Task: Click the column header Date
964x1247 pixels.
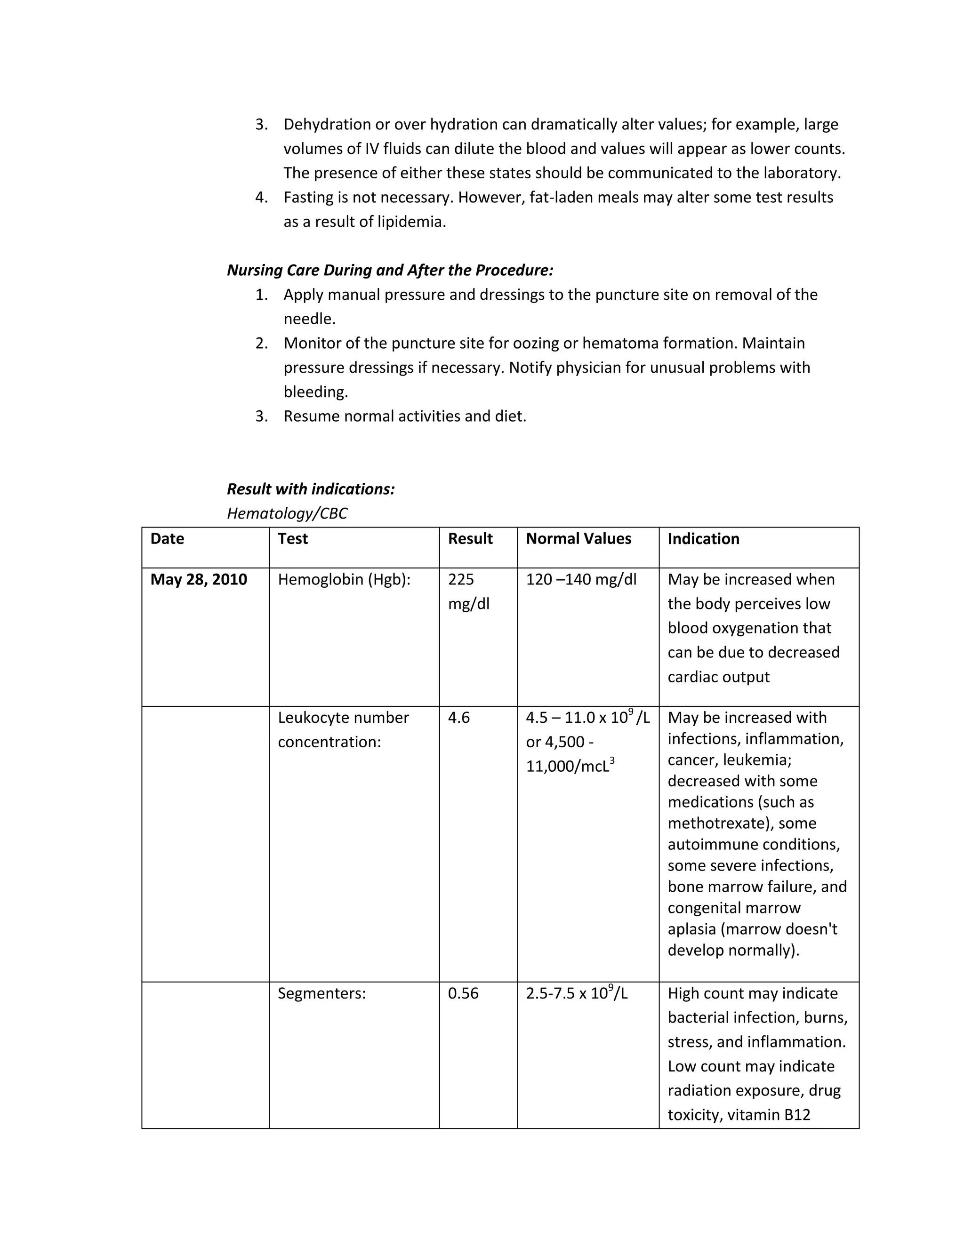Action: click(x=167, y=539)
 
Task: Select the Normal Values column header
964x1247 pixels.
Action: click(x=578, y=539)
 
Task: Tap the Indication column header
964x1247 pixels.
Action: click(x=703, y=539)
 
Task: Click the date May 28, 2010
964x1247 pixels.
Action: click(x=198, y=580)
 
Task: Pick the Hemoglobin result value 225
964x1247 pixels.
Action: click(x=461, y=580)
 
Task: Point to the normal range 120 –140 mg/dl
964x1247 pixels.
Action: click(x=581, y=580)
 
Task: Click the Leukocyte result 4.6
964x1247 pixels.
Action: click(x=458, y=718)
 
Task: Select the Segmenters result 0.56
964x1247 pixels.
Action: click(x=463, y=993)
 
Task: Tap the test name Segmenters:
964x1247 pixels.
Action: click(x=321, y=993)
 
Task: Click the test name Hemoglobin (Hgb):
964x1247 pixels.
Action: click(x=344, y=580)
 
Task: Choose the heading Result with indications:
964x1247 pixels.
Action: click(x=311, y=489)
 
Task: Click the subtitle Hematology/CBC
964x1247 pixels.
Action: click(x=287, y=513)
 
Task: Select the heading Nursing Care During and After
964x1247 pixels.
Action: click(x=390, y=270)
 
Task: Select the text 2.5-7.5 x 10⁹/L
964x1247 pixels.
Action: click(x=576, y=993)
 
